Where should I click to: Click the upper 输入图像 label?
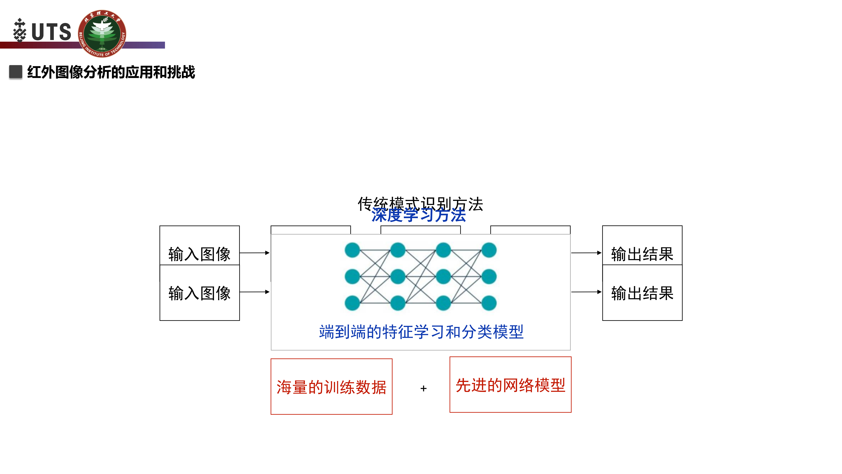[x=199, y=254]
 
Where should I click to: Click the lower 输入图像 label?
[x=199, y=293]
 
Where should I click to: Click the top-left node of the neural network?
[x=352, y=250]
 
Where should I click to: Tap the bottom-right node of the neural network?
[x=489, y=303]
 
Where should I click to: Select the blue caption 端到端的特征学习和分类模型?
[x=421, y=332]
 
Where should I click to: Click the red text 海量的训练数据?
[x=331, y=387]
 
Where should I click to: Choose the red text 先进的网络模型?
[x=510, y=385]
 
